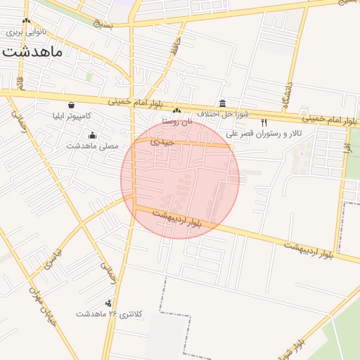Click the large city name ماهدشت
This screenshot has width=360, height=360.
point(32,51)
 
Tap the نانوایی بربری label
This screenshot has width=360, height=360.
point(25,32)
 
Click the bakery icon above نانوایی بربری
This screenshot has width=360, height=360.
point(26,21)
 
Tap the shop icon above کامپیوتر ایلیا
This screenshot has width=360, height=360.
point(72,105)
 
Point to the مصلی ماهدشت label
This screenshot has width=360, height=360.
point(92,146)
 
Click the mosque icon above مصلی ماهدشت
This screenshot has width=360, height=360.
point(92,136)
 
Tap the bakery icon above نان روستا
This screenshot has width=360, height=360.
point(177,111)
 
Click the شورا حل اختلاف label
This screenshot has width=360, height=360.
point(218,114)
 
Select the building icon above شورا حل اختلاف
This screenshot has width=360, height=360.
point(222,103)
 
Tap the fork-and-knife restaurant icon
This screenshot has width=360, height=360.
point(264,122)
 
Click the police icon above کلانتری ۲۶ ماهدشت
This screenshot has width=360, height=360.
point(108,303)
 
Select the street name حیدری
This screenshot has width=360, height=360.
point(160,141)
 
